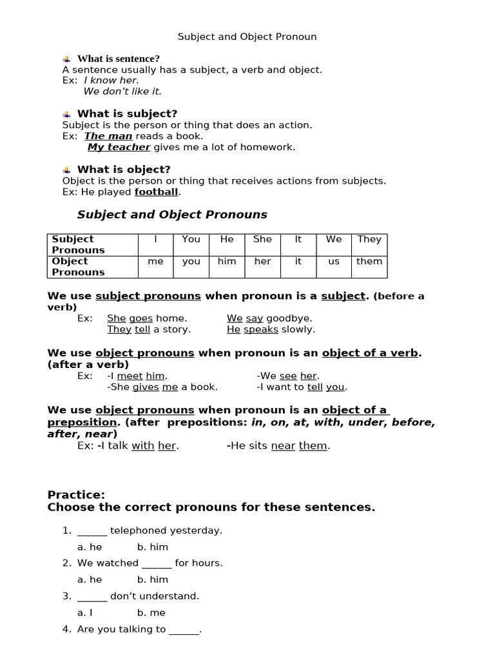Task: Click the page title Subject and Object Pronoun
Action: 247,37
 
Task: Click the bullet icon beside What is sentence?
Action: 66,59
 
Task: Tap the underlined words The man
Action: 108,136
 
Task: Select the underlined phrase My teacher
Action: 119,147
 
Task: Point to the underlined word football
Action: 156,192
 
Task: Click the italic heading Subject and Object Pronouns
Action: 172,215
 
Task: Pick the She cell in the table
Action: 262,239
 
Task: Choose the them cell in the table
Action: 369,261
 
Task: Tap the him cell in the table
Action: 227,261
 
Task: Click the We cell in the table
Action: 334,239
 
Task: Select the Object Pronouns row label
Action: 78,267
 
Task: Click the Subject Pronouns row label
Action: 78,244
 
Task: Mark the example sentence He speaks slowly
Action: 271,329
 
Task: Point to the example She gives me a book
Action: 162,387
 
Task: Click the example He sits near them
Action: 278,446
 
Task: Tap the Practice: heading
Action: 76,495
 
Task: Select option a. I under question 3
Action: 85,613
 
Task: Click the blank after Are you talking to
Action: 184,630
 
